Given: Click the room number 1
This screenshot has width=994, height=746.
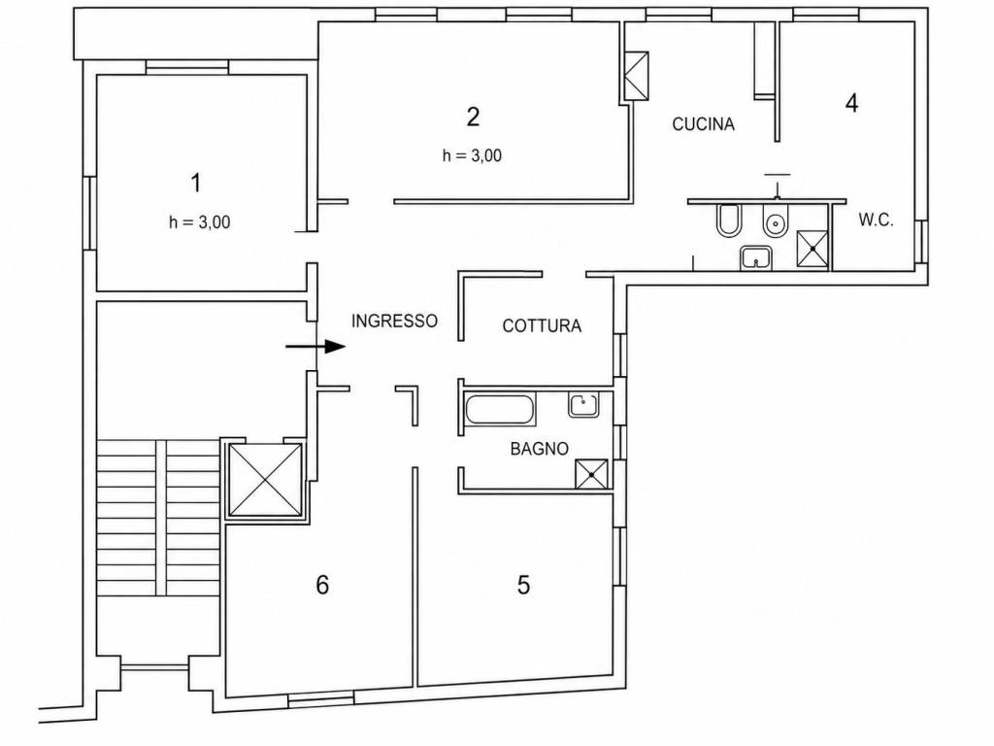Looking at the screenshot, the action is (x=196, y=183).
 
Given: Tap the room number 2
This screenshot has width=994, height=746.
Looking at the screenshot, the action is (x=473, y=117).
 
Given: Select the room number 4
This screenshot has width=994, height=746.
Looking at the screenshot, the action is (x=852, y=102).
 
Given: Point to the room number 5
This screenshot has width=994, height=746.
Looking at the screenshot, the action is (x=523, y=585).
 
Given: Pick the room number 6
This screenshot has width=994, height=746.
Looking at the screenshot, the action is (x=322, y=585).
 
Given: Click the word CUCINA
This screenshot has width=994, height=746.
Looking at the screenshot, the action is (x=703, y=123).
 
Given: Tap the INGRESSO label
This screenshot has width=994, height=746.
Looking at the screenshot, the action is (x=394, y=321).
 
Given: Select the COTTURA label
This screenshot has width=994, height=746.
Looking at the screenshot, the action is (x=542, y=326).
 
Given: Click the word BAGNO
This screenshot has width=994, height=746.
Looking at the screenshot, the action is (x=540, y=449).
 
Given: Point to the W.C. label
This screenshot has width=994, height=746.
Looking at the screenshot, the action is (x=877, y=220).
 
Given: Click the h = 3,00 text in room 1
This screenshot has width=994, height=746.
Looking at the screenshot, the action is (x=200, y=222).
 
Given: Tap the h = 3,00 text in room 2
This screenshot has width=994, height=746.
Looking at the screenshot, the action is (x=473, y=155).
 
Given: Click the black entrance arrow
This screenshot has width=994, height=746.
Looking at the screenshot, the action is (x=315, y=347).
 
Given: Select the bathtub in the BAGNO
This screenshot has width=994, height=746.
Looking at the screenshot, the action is (x=500, y=410).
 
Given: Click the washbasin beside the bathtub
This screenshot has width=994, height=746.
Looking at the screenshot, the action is (x=583, y=405).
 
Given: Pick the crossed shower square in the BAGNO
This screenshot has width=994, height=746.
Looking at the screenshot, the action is (x=591, y=474).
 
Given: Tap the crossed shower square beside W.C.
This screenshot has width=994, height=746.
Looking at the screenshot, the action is (x=812, y=249).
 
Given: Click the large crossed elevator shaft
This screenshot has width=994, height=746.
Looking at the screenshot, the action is (x=265, y=480).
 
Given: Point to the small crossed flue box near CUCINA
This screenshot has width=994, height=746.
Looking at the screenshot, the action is (x=637, y=76).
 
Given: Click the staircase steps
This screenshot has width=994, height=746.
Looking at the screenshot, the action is (x=158, y=517).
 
